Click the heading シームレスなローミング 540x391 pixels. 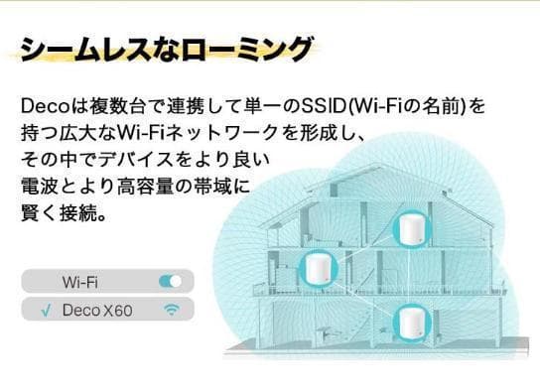click(x=165, y=47)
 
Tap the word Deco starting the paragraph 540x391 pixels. click(x=42, y=104)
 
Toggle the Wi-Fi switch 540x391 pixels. click(x=170, y=282)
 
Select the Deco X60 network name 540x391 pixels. click(x=97, y=311)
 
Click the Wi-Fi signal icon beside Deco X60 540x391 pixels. click(x=172, y=311)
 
